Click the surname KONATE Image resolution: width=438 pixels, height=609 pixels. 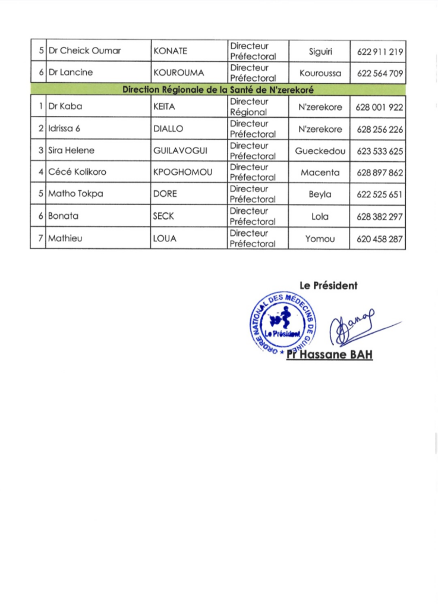[171, 51]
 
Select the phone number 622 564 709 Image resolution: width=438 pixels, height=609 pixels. [380, 73]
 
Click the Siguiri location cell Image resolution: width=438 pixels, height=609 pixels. [320, 51]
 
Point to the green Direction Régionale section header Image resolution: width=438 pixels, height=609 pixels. [218, 90]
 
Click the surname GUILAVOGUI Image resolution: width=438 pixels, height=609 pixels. [181, 151]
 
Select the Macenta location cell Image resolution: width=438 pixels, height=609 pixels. [320, 172]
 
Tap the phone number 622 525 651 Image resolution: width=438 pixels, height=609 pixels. [380, 194]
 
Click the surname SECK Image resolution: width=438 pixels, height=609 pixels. [164, 216]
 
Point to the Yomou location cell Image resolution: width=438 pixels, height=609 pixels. [320, 238]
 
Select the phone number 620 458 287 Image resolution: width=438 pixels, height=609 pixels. [380, 238]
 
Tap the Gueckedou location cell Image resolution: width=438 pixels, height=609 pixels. [320, 151]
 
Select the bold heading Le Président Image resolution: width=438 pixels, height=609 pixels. [329, 285]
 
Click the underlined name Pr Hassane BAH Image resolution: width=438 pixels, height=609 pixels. [329, 356]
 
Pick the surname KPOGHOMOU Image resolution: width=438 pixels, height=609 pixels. [183, 172]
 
